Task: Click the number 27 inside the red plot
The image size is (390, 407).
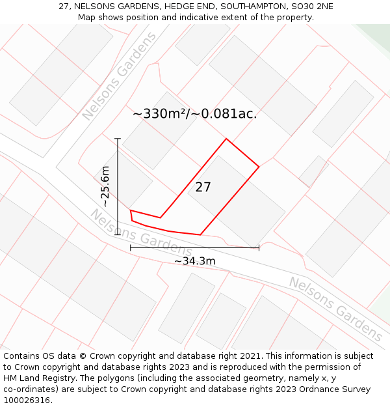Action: point(203,188)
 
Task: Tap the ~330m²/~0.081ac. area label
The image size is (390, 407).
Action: point(194,113)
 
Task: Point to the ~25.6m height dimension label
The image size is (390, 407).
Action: point(105,187)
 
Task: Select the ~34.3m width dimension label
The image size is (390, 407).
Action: point(194,261)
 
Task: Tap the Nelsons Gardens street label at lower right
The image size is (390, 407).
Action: point(335,309)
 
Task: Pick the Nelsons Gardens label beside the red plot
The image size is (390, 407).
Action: point(140,232)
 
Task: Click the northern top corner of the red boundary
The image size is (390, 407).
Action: point(226,139)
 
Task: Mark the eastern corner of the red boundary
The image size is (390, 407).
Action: point(259,167)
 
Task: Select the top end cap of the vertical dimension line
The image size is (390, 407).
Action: point(118,139)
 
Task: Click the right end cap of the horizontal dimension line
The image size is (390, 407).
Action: point(259,247)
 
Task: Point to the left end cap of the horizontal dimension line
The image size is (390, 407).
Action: point(131,247)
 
